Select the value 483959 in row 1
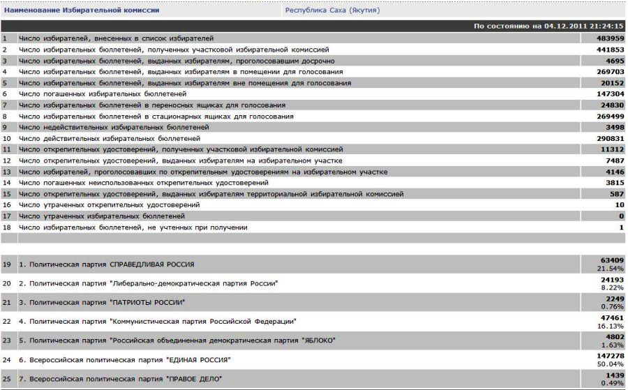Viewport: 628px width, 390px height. (x=609, y=38)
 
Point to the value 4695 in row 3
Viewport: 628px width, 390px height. (x=613, y=61)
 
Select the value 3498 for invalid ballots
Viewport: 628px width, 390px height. (x=613, y=127)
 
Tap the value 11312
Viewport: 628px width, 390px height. (x=611, y=149)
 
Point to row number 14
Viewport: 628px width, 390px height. (x=6, y=183)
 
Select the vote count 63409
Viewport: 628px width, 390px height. (x=611, y=260)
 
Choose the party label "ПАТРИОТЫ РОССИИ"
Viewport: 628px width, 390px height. (x=148, y=302)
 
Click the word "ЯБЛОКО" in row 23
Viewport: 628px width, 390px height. (x=317, y=340)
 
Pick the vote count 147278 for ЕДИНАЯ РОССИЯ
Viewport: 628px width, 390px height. (x=609, y=355)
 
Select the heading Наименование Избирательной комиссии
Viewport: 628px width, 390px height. (x=82, y=10)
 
